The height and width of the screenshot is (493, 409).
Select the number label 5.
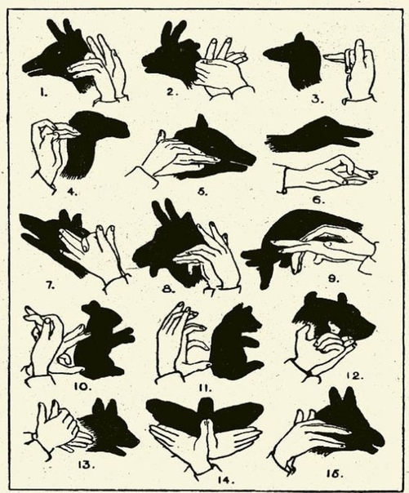pyautogui.click(x=202, y=192)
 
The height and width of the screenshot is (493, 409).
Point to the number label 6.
pyautogui.click(x=318, y=200)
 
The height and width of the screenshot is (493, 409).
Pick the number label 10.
pyautogui.click(x=82, y=386)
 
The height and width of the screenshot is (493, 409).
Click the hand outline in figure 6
pyautogui.click(x=327, y=175)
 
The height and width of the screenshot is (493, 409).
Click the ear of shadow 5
pyautogui.click(x=201, y=122)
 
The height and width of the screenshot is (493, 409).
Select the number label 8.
pyautogui.click(x=168, y=289)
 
